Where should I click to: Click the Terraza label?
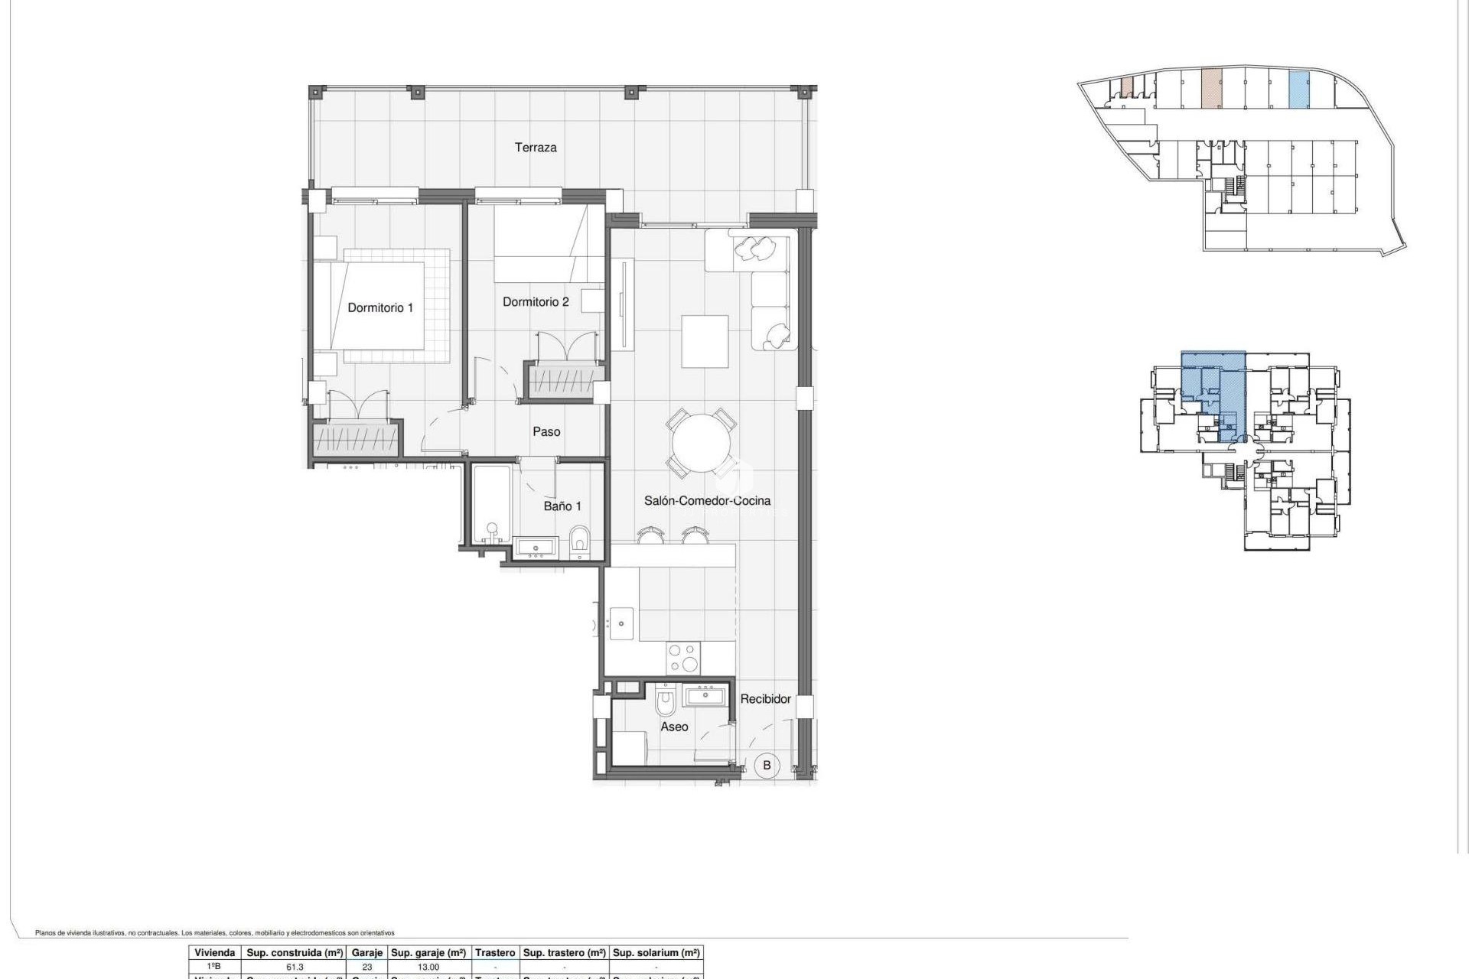tap(535, 148)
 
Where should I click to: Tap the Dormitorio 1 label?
tap(379, 307)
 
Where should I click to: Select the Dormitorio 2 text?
tap(535, 302)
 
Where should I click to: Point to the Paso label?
tap(546, 432)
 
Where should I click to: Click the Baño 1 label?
tap(562, 506)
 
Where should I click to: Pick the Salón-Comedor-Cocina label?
tap(707, 501)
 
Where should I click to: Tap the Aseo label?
tap(674, 727)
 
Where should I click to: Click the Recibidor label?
tap(765, 699)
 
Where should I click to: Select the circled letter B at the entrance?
tap(767, 765)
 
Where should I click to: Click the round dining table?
tap(701, 445)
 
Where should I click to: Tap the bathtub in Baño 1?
tap(490, 505)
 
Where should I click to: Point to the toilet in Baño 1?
tap(579, 542)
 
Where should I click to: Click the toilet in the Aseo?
tap(666, 701)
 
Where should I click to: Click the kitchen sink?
tap(620, 623)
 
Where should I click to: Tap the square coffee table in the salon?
tap(705, 342)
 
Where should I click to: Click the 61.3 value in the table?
tap(295, 967)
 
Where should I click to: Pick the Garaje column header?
tap(366, 953)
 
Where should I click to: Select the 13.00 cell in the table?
tap(428, 967)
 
